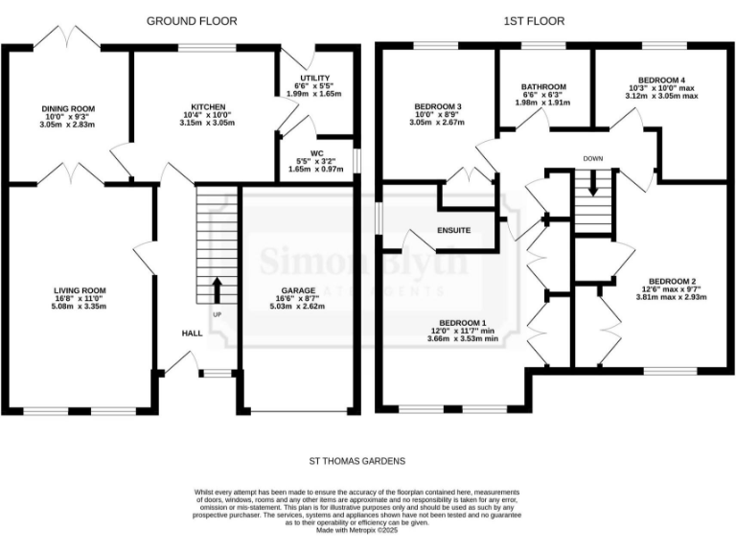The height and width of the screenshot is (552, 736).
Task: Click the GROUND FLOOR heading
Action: (192, 20)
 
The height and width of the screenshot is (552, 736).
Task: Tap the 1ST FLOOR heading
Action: (534, 20)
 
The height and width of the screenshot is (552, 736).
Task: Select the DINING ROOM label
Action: (67, 108)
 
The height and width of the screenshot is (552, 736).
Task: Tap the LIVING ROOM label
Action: (80, 289)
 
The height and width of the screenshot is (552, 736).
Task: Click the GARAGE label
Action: (298, 289)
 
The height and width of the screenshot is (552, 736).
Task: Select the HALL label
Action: (192, 333)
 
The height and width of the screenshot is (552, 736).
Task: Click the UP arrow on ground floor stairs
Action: (216, 287)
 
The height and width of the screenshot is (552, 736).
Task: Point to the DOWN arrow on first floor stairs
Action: (593, 182)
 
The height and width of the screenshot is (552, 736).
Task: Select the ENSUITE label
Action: (453, 230)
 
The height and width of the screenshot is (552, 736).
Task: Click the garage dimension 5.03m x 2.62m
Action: (298, 307)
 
